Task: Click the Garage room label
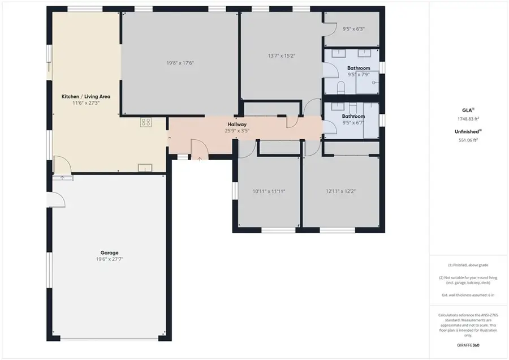pyautogui.click(x=107, y=252)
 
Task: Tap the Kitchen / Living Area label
pyautogui.click(x=86, y=97)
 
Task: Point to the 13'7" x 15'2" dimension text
pyautogui.click(x=281, y=55)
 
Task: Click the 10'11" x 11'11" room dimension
pyautogui.click(x=269, y=191)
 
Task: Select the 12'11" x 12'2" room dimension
pyautogui.click(x=340, y=191)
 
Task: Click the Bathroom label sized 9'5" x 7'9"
pyautogui.click(x=359, y=68)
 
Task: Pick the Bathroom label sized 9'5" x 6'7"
pyautogui.click(x=353, y=116)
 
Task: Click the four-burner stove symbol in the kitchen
pyautogui.click(x=146, y=122)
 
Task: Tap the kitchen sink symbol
pyautogui.click(x=145, y=166)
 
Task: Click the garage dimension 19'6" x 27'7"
pyautogui.click(x=107, y=259)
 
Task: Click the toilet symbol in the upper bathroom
pyautogui.click(x=340, y=87)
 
